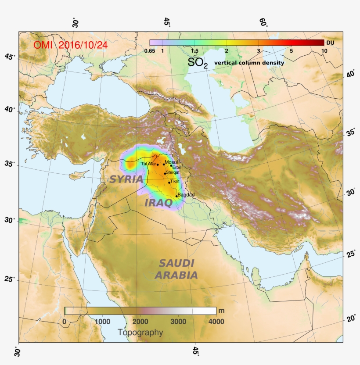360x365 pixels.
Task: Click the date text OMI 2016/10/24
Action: (71, 45)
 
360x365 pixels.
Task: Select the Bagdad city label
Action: (186, 194)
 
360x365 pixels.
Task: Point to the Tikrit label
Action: (175, 181)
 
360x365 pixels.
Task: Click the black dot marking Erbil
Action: (171, 165)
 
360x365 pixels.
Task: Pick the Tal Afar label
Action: (148, 164)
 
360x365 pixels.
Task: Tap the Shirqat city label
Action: (173, 172)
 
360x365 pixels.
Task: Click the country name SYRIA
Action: (126, 179)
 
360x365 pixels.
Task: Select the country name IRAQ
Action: (158, 202)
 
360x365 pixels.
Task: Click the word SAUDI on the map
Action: (176, 263)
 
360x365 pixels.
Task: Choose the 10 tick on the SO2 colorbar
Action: (324, 51)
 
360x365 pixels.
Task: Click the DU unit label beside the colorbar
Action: (331, 43)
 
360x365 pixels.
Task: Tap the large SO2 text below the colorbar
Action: (198, 63)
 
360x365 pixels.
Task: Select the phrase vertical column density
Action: (249, 63)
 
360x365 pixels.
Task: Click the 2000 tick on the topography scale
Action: (140, 321)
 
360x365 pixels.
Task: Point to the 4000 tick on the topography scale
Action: (216, 321)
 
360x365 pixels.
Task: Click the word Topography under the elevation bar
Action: (140, 333)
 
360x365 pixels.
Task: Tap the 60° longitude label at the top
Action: (263, 22)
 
